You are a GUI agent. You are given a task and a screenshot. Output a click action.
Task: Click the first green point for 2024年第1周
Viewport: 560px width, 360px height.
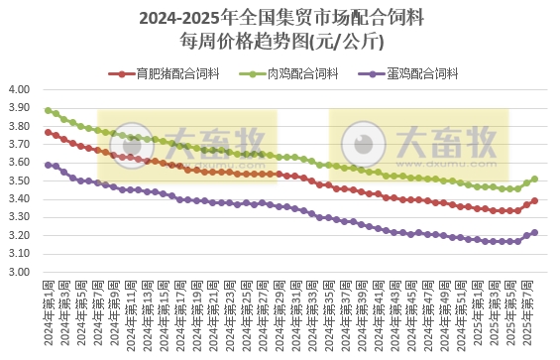(x=48, y=110)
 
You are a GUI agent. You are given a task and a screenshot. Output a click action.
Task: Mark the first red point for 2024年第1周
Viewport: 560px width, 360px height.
(x=48, y=132)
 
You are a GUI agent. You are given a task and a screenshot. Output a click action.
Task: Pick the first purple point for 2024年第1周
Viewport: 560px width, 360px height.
(x=48, y=165)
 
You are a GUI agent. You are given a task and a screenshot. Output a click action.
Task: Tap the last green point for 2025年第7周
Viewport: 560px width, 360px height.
(x=535, y=180)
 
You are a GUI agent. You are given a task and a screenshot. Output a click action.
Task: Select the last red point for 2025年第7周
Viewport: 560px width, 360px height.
(x=535, y=200)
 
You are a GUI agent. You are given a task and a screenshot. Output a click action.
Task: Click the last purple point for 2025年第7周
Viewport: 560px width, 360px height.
(x=535, y=232)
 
